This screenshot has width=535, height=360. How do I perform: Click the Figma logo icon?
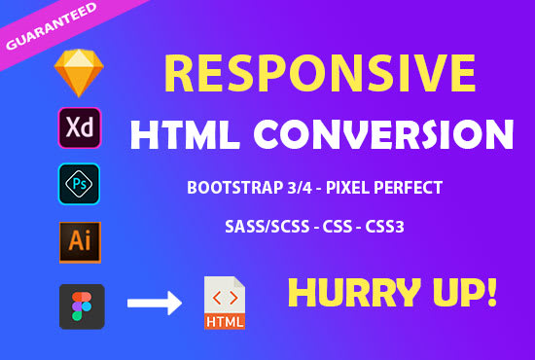click(x=81, y=305)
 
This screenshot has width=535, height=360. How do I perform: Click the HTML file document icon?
click(x=224, y=303)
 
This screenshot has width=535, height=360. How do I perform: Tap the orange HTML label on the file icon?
click(x=224, y=318)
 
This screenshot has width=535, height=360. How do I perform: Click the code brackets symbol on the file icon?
click(x=223, y=295)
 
